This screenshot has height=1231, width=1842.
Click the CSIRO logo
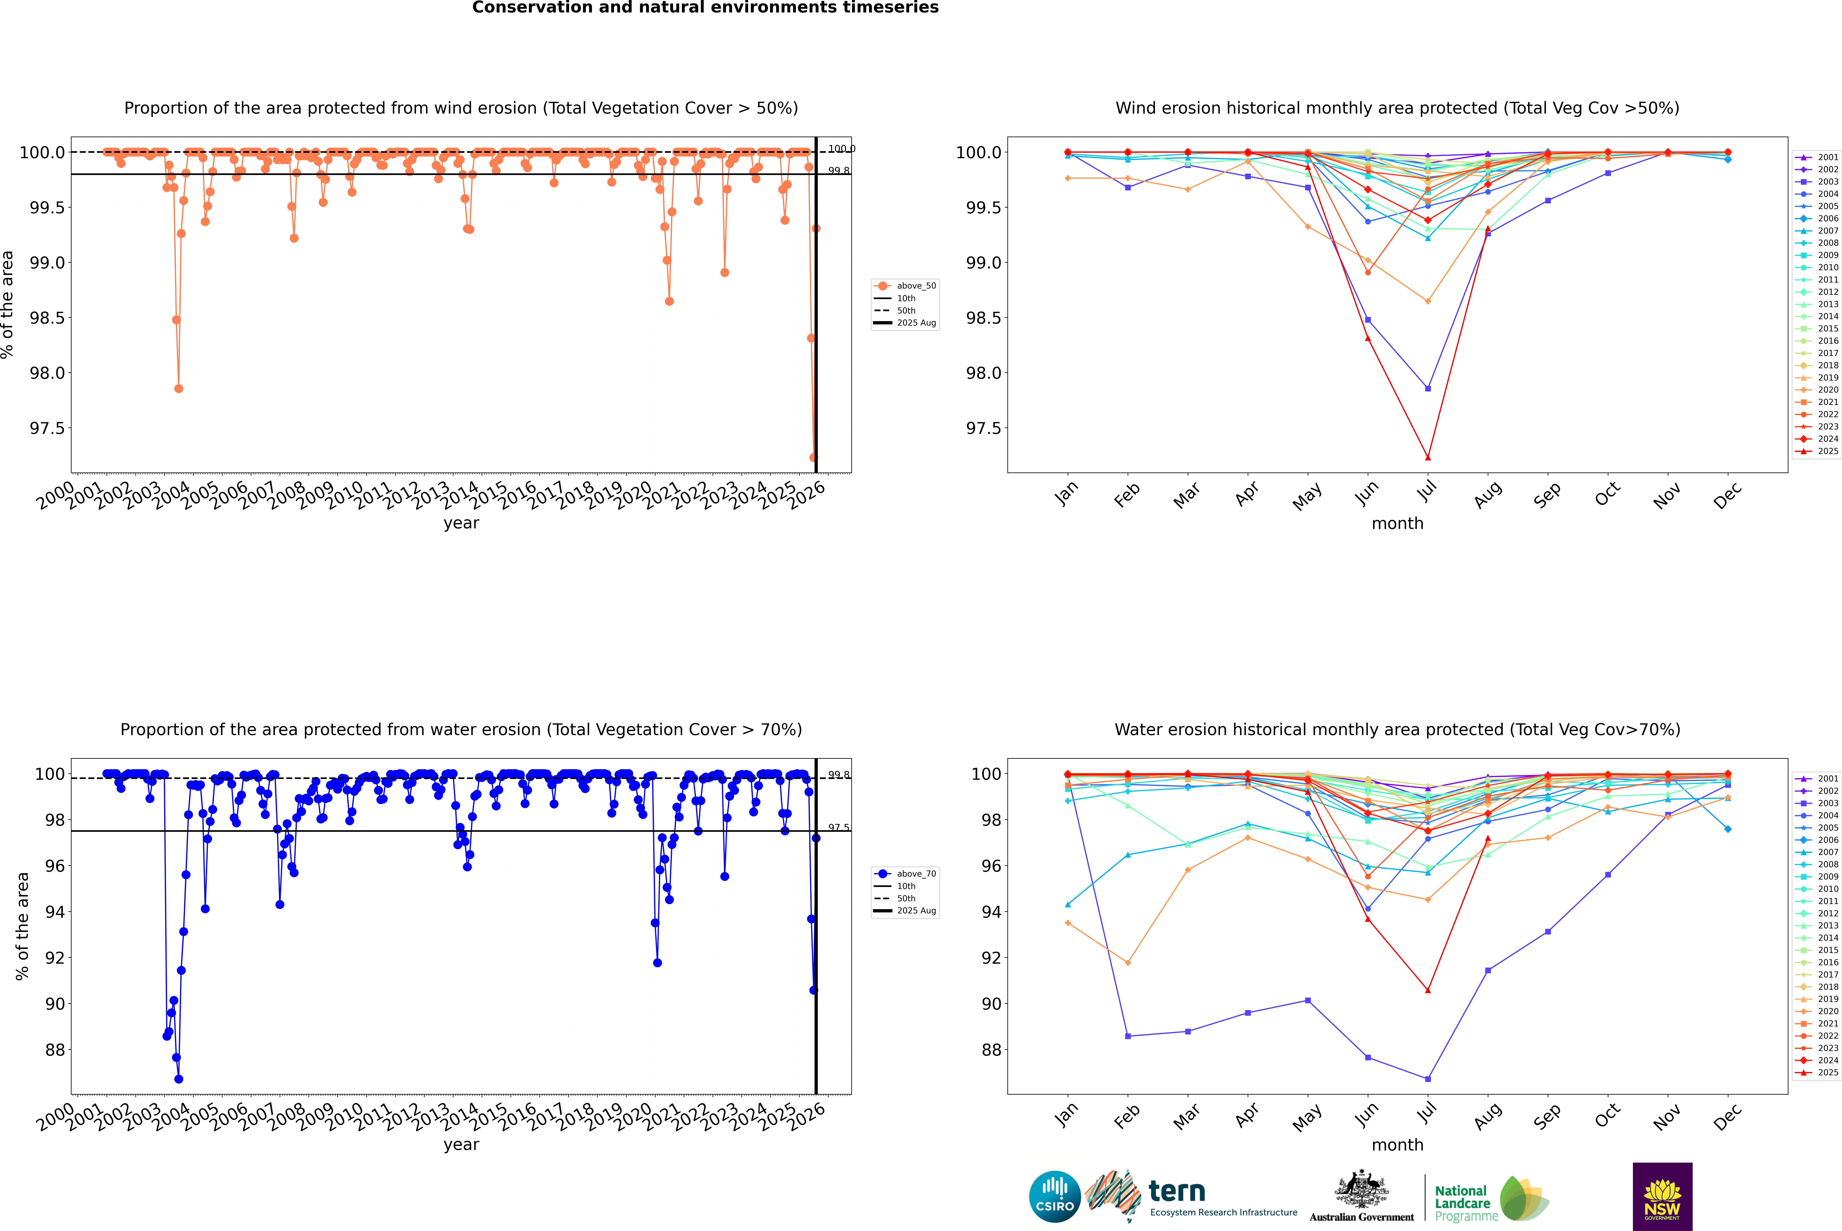point(1055,1197)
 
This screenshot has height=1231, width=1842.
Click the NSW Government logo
point(1662,1197)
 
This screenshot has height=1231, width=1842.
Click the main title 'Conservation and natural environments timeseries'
point(705,8)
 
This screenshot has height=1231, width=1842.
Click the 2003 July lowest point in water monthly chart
point(1427,1079)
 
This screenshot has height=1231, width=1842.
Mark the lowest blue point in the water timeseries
point(179,1079)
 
